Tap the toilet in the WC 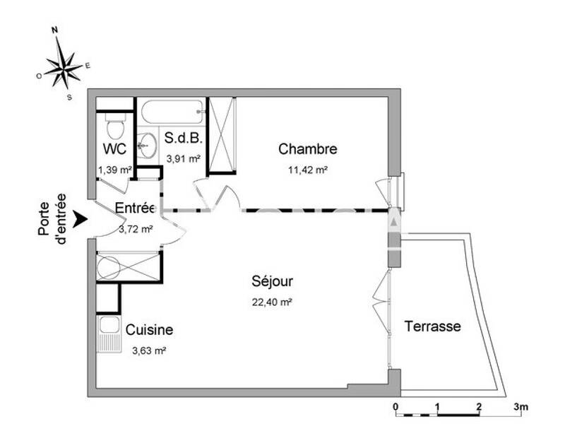tap(114, 128)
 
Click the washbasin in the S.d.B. tap(148, 146)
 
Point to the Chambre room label tap(307, 149)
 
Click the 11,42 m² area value tap(308, 170)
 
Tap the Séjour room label tap(272, 281)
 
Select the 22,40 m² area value tap(272, 302)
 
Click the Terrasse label tap(432, 326)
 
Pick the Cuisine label tap(149, 330)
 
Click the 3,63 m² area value tap(149, 350)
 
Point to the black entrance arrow tap(81, 220)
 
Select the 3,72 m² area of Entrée tap(136, 228)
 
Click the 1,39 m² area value tap(114, 170)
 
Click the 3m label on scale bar tap(521, 406)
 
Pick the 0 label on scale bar tap(395, 406)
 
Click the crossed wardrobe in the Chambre tap(222, 136)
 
